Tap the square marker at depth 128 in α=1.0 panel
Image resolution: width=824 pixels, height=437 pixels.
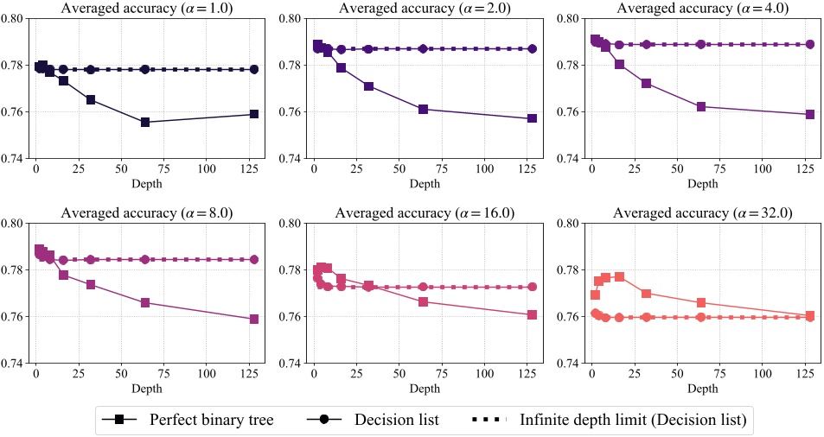pyautogui.click(x=254, y=114)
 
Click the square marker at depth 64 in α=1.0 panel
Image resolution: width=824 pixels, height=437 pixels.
pyautogui.click(x=145, y=122)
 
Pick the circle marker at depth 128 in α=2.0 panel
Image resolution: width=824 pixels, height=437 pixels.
pyautogui.click(x=533, y=49)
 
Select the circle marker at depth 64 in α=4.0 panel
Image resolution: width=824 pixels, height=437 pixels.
pyautogui.click(x=701, y=44)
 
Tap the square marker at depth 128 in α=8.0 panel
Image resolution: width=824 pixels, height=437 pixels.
pyautogui.click(x=254, y=319)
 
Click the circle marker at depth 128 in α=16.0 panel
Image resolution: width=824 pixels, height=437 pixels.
pyautogui.click(x=533, y=287)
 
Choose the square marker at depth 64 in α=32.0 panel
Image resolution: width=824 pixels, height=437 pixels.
pyautogui.click(x=701, y=302)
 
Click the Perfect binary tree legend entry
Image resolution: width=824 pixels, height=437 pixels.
pyautogui.click(x=189, y=420)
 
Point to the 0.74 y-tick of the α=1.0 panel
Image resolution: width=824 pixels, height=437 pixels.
pyautogui.click(x=17, y=159)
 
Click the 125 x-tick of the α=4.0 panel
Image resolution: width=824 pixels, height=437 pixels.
pyautogui.click(x=805, y=170)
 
